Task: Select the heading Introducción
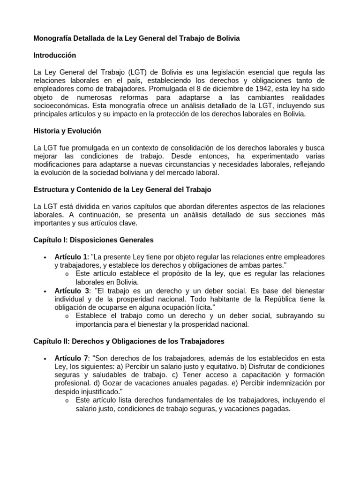tap(54, 55)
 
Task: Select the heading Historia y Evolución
tap(67, 131)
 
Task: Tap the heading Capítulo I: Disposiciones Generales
tap(93, 240)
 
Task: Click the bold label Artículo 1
tap(71, 257)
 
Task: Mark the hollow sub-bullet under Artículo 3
tap(67, 316)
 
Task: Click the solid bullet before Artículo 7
tap(44, 359)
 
